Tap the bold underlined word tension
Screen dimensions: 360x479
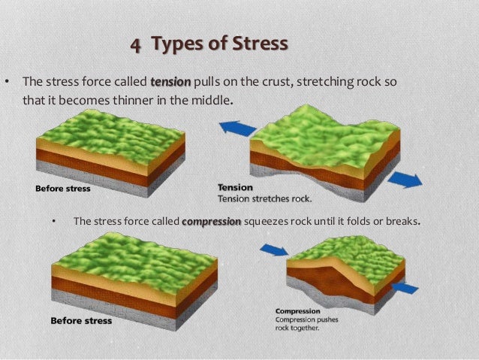click(171, 81)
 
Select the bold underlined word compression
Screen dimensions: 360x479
click(212, 222)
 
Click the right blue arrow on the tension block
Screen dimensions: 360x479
click(405, 180)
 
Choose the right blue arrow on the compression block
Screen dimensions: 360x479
click(405, 287)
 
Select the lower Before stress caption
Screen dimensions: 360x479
click(80, 321)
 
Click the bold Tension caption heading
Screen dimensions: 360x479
click(235, 188)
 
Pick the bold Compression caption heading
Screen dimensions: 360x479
click(298, 310)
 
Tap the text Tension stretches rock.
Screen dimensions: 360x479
click(264, 199)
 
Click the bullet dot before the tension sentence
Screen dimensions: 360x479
click(8, 81)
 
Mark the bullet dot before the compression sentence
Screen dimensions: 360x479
click(53, 222)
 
